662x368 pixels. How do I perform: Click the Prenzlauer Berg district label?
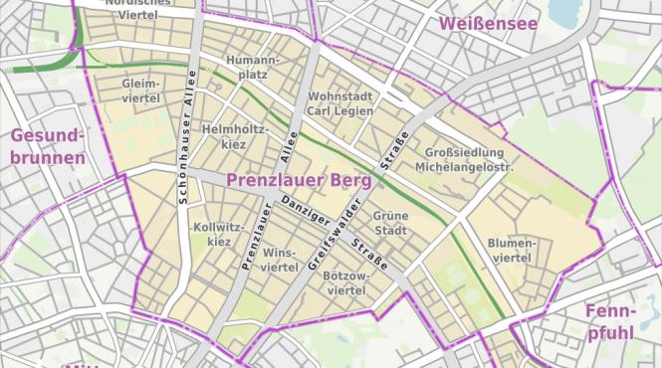pos(299,180)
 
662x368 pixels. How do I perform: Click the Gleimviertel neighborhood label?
pos(141,91)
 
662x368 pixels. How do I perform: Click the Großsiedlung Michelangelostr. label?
pos(469,160)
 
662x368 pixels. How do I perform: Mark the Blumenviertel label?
pos(512,251)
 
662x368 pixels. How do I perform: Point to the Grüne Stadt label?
pos(390,223)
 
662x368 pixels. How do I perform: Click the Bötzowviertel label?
pos(346,282)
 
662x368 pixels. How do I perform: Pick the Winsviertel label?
pos(280,261)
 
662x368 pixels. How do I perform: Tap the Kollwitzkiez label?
pos(213,234)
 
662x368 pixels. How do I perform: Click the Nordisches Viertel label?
pos(137,9)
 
